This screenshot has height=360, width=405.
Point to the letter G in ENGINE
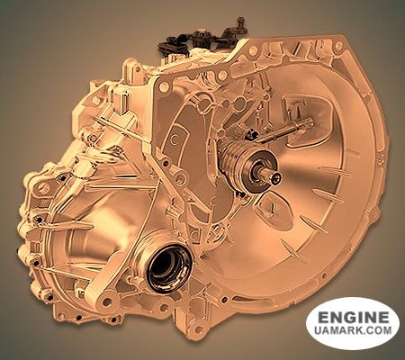(x=343, y=317)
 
